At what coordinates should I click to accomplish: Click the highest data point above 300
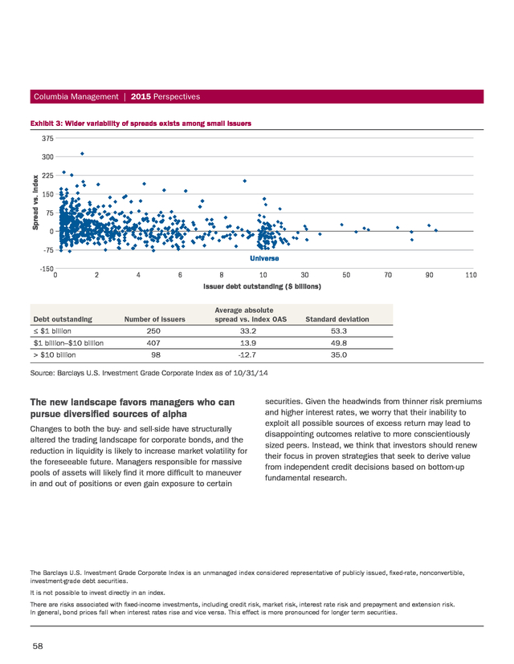[82, 154]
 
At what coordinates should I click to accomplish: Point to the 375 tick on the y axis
[48, 139]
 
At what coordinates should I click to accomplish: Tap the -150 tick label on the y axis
[47, 269]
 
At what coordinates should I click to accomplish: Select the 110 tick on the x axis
[471, 275]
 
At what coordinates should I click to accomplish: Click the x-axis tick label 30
[304, 275]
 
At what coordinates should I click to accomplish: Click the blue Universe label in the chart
[264, 258]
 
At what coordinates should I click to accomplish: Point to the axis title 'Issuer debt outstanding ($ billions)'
[262, 286]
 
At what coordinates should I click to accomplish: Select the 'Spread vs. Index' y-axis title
[35, 202]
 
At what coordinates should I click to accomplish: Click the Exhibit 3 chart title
[141, 123]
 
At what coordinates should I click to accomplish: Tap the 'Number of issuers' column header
[155, 319]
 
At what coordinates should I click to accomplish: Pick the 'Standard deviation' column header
[337, 319]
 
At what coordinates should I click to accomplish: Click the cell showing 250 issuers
[153, 331]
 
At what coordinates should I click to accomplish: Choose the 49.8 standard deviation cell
[339, 343]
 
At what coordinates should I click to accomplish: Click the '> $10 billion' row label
[55, 355]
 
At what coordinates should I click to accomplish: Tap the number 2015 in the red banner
[141, 96]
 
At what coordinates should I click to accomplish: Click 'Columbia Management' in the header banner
[76, 96]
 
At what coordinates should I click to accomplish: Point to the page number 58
[38, 646]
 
